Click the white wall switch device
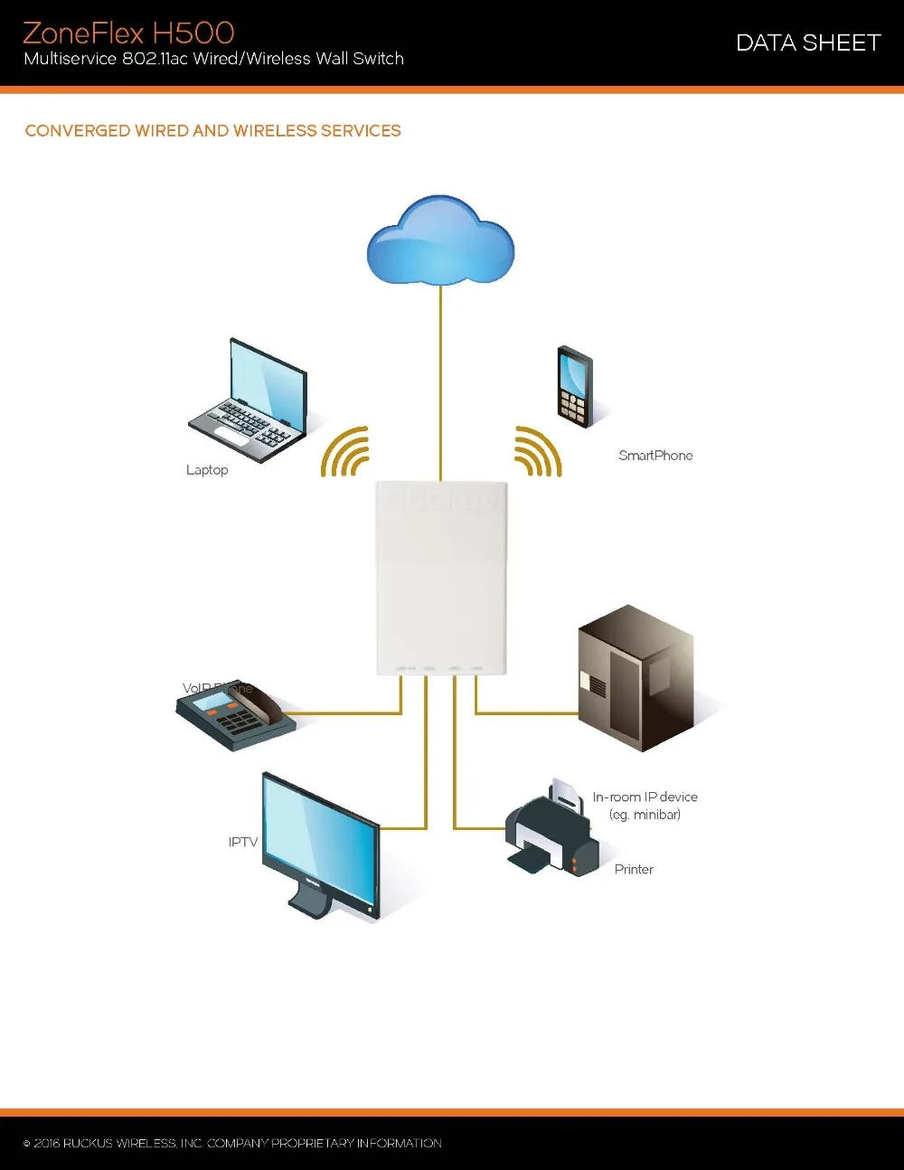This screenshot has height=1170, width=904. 441,579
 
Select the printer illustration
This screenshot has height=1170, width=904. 551,831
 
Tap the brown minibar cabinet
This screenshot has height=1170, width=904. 636,677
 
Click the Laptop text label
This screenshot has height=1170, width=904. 207,470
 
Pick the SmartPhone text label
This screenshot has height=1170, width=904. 655,456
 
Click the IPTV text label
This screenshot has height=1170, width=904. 243,842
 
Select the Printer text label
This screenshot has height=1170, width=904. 634,870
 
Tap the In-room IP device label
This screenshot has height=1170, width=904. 645,806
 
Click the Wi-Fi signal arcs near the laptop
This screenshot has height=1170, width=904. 346,451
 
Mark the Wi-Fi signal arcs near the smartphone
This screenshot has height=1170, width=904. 538,451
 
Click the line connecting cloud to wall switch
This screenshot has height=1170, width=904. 440,380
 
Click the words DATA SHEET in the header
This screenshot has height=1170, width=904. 808,42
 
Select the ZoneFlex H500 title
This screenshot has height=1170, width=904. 128,33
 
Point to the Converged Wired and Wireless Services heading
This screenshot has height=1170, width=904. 213,131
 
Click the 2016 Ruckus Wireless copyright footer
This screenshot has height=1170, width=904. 233,1144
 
